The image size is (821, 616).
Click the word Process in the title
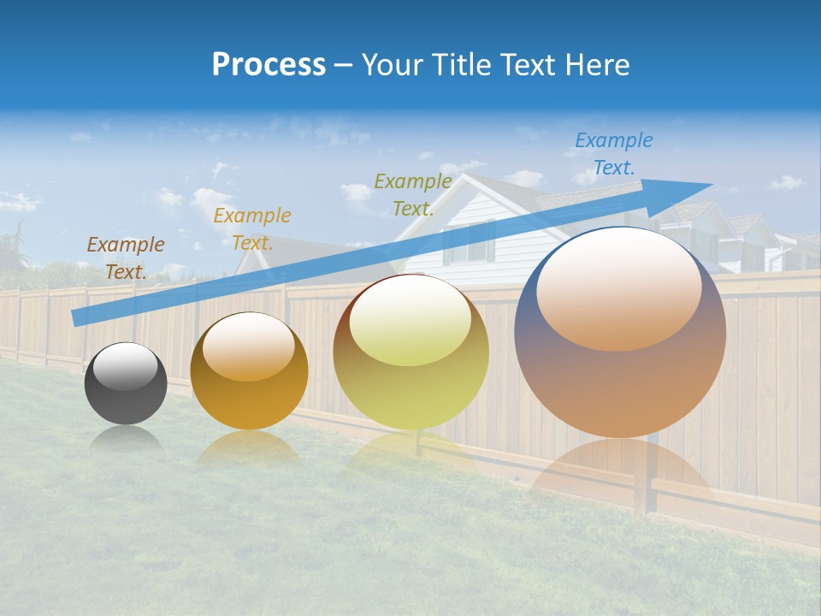click(x=269, y=65)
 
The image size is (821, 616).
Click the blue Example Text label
click(x=613, y=154)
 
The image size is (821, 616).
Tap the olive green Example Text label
click(x=413, y=194)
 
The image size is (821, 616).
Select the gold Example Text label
click(x=252, y=228)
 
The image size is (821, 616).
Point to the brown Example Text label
click(x=126, y=258)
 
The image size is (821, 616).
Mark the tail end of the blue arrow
click(x=75, y=317)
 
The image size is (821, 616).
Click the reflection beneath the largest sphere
click(x=620, y=471)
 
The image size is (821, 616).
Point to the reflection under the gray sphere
click(x=126, y=438)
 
